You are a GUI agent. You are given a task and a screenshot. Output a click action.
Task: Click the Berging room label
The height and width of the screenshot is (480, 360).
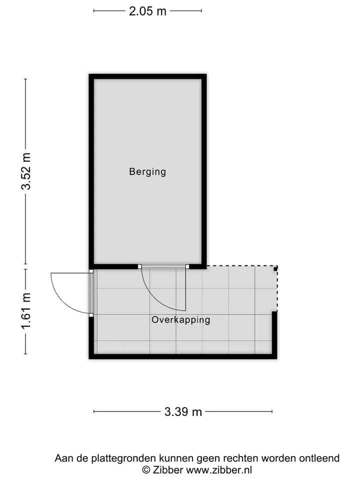[147, 171]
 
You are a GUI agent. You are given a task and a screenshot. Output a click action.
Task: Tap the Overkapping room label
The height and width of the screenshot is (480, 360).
[181, 320]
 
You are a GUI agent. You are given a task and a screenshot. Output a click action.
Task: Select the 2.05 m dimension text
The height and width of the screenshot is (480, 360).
[147, 11]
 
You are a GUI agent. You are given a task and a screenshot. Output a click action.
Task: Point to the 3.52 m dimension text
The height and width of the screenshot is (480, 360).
[26, 171]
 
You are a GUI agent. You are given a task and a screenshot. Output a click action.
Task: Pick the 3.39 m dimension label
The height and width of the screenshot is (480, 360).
[183, 411]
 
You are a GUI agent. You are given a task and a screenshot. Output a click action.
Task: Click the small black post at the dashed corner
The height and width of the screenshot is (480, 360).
[275, 268]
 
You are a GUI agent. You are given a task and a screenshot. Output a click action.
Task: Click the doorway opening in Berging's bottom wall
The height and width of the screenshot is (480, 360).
[163, 266]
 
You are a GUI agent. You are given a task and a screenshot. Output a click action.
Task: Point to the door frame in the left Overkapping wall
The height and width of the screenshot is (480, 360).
[91, 293]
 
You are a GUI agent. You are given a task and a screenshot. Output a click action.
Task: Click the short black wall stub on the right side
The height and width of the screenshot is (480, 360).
[274, 333]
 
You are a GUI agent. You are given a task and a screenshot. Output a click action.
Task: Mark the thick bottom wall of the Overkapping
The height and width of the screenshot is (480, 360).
[183, 356]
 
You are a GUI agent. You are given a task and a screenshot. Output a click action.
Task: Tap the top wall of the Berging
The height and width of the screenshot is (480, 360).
[147, 76]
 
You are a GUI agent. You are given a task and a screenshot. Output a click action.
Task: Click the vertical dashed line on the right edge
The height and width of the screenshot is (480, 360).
[277, 288]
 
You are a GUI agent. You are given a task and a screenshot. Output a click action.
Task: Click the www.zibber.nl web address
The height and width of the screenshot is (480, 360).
[219, 469]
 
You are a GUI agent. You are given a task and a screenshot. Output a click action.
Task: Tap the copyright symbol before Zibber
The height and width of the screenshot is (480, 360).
[146, 469]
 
